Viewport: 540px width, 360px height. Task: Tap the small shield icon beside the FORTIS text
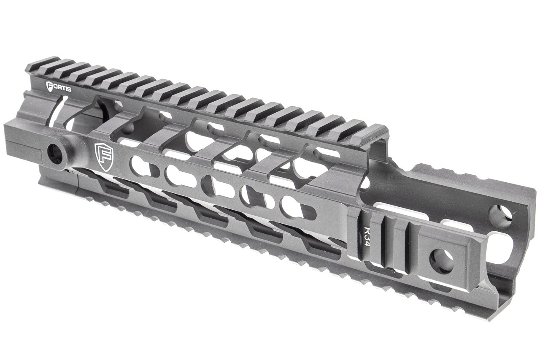coord(49,87)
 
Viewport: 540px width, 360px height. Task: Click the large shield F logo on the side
coord(103,157)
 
